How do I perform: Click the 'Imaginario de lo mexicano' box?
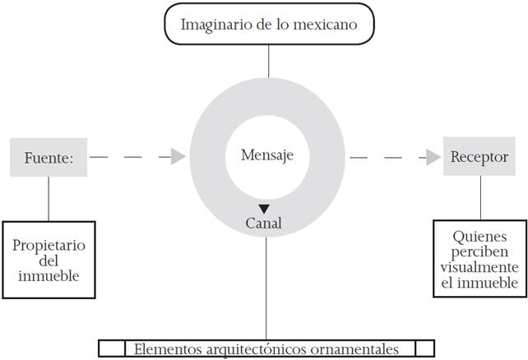[269, 24]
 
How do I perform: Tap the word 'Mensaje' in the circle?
[267, 155]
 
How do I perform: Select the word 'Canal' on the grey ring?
[264, 223]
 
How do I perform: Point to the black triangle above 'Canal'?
[264, 209]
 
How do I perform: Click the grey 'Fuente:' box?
[49, 157]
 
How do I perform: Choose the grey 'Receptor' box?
[480, 157]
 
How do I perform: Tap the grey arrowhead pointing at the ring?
[178, 156]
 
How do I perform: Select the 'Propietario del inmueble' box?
[49, 260]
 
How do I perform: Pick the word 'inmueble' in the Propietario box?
[49, 275]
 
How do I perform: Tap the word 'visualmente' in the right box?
[479, 268]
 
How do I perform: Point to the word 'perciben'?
[479, 253]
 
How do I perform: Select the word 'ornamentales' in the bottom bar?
[358, 348]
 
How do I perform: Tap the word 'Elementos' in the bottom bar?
[166, 348]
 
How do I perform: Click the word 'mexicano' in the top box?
[327, 24]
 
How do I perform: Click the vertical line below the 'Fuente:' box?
[48, 198]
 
